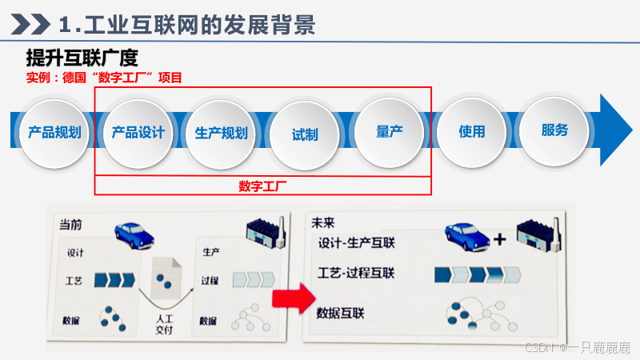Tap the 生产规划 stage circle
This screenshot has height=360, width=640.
click(222, 133)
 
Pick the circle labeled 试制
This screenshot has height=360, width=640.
click(305, 134)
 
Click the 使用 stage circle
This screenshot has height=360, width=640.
click(472, 132)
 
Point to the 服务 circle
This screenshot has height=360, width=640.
click(554, 130)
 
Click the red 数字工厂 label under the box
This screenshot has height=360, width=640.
click(262, 186)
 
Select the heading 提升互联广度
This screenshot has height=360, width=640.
click(82, 58)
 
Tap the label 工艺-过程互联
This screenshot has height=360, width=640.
click(357, 274)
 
